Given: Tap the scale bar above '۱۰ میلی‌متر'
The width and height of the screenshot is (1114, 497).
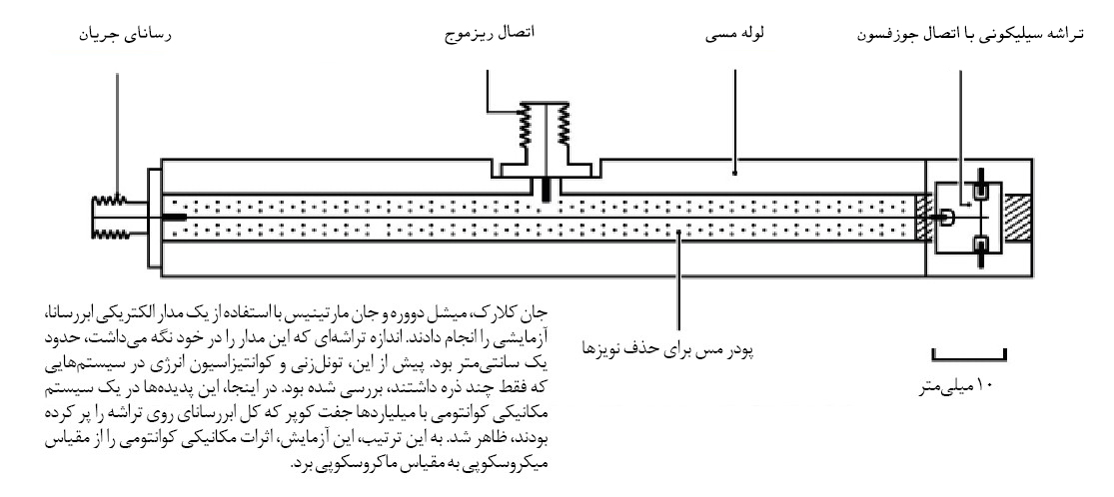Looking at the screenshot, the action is coord(969,353).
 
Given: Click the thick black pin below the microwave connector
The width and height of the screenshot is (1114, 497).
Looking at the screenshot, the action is coord(545,190).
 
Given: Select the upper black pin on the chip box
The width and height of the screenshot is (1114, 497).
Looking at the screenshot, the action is coord(980,185).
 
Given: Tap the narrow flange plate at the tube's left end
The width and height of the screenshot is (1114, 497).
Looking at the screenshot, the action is coord(154,217).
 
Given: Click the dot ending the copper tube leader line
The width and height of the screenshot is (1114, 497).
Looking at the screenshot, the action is coord(734,172).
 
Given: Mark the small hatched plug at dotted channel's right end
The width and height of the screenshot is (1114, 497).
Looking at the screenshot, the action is coord(922,218).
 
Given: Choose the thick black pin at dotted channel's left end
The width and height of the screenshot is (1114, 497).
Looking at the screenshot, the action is coord(175,218).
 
